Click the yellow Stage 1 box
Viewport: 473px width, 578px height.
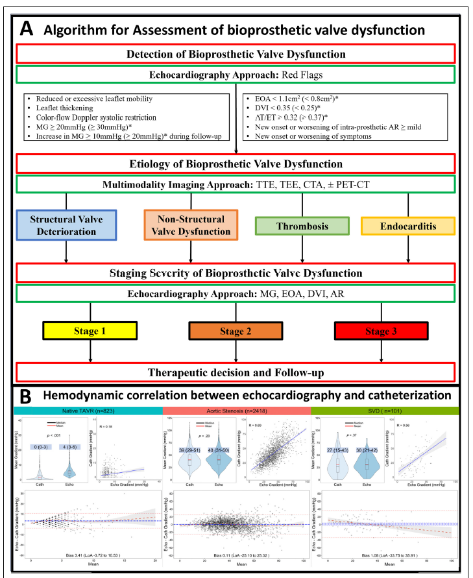tap(90, 331)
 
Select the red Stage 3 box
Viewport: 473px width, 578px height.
tap(380, 331)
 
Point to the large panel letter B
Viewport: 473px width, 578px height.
tap(27, 396)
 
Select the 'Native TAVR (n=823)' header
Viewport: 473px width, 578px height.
tap(86, 410)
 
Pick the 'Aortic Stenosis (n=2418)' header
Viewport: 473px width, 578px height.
tap(236, 410)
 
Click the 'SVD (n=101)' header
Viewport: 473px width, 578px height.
tap(385, 410)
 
